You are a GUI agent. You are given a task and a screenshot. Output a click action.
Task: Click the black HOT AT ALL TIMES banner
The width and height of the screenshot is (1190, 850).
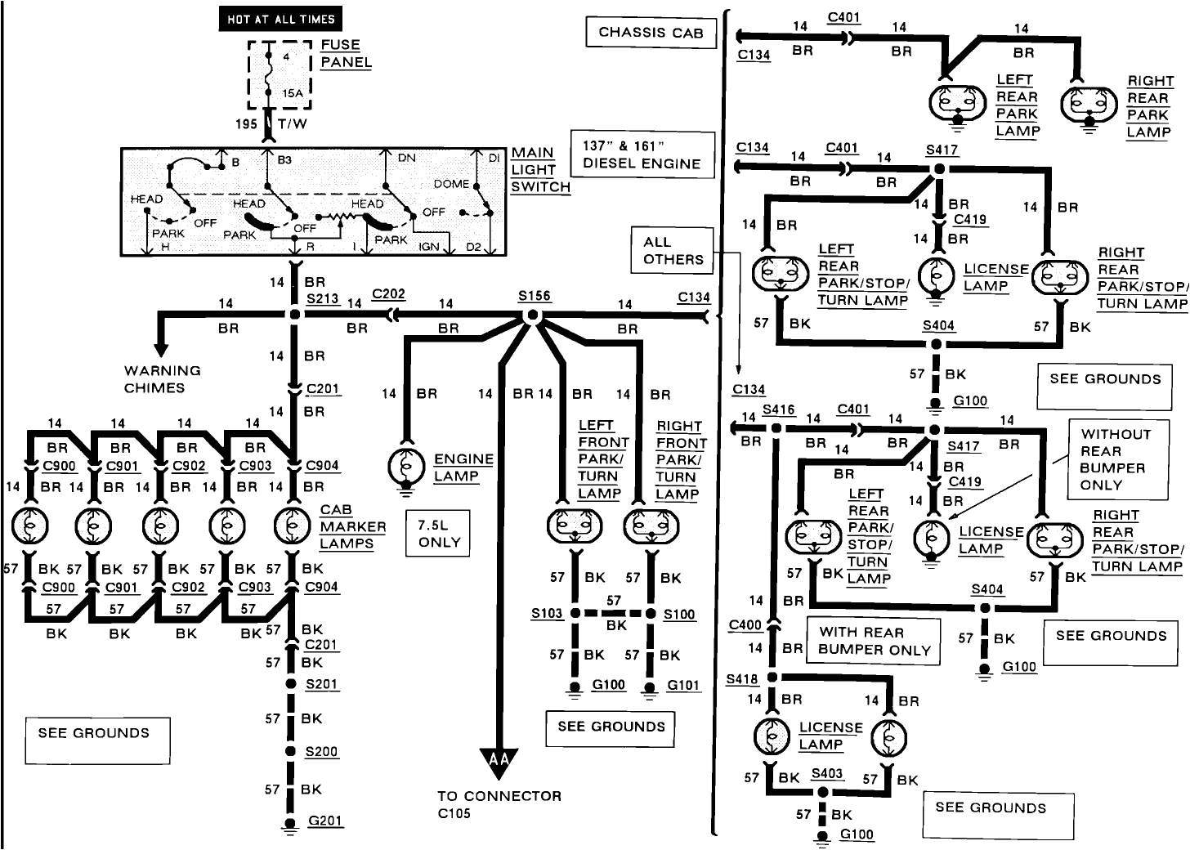click(x=280, y=20)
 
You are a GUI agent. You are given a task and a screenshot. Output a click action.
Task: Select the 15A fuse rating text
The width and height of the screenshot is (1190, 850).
click(x=293, y=93)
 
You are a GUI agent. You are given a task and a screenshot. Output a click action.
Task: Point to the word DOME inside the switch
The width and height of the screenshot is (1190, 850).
click(x=451, y=184)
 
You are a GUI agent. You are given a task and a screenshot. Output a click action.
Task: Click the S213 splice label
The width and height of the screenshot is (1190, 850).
click(x=323, y=299)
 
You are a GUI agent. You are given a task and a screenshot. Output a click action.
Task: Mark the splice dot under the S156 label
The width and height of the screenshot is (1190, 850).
click(x=533, y=315)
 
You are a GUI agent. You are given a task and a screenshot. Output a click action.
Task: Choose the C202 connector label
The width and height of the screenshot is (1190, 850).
click(x=388, y=294)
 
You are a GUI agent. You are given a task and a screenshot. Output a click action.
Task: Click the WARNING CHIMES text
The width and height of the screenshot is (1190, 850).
click(x=162, y=379)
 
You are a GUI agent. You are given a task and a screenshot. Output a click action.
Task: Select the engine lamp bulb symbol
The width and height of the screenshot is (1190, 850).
click(x=406, y=467)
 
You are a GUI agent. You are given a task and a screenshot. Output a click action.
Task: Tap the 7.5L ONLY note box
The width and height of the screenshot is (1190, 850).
click(x=439, y=534)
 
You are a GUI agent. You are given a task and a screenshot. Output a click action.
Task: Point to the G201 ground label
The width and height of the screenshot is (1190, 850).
click(x=325, y=821)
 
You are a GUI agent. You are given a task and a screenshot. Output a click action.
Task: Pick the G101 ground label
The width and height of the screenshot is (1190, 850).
click(x=683, y=685)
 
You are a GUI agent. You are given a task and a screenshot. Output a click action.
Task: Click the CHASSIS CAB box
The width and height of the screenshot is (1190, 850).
click(x=651, y=33)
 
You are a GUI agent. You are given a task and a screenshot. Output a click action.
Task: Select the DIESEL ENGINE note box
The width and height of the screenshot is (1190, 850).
click(x=642, y=154)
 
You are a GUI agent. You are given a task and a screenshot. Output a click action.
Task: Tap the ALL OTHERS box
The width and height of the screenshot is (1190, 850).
click(x=673, y=251)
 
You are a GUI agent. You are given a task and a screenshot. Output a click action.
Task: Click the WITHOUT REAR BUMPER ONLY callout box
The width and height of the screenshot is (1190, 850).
click(x=1116, y=459)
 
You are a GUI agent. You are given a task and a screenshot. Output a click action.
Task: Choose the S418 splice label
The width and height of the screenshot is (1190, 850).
click(x=741, y=680)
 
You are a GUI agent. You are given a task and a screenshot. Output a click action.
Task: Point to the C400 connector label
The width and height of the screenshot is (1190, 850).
click(x=745, y=625)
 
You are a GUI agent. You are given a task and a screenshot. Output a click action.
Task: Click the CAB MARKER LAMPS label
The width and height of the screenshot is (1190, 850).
click(x=346, y=527)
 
